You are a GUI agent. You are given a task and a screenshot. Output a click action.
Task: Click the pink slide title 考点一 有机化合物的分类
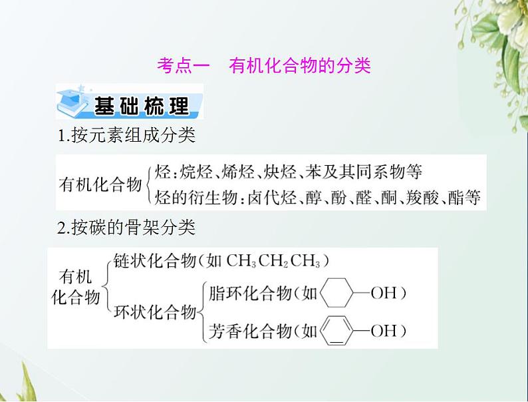(x=263, y=66)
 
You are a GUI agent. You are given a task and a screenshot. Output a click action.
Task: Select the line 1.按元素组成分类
(x=126, y=136)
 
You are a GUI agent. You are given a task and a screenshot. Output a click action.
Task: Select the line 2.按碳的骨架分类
(x=126, y=228)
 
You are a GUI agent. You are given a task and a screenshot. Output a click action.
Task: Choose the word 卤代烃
(x=269, y=198)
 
